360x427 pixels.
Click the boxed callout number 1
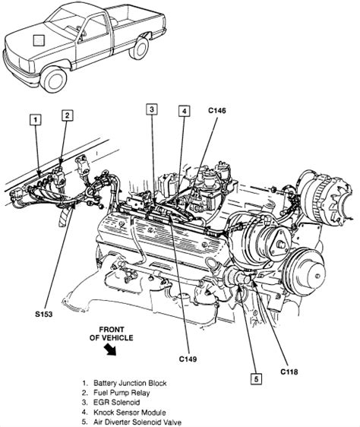pos(36,120)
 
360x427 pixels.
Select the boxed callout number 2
pos(68,115)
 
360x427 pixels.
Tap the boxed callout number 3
pos(152,109)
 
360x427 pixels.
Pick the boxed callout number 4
pos(185,111)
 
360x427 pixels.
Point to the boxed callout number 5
pos(256,379)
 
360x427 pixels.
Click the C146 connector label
pos(217,111)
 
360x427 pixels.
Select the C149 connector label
pos(188,359)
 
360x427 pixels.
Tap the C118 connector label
pos(289,372)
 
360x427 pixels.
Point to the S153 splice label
pos(43,314)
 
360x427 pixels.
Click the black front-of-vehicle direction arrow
pos(111,350)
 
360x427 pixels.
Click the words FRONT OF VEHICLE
pos(112,334)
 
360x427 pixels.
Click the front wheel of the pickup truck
pos(55,79)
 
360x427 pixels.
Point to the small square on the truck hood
pos(39,40)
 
